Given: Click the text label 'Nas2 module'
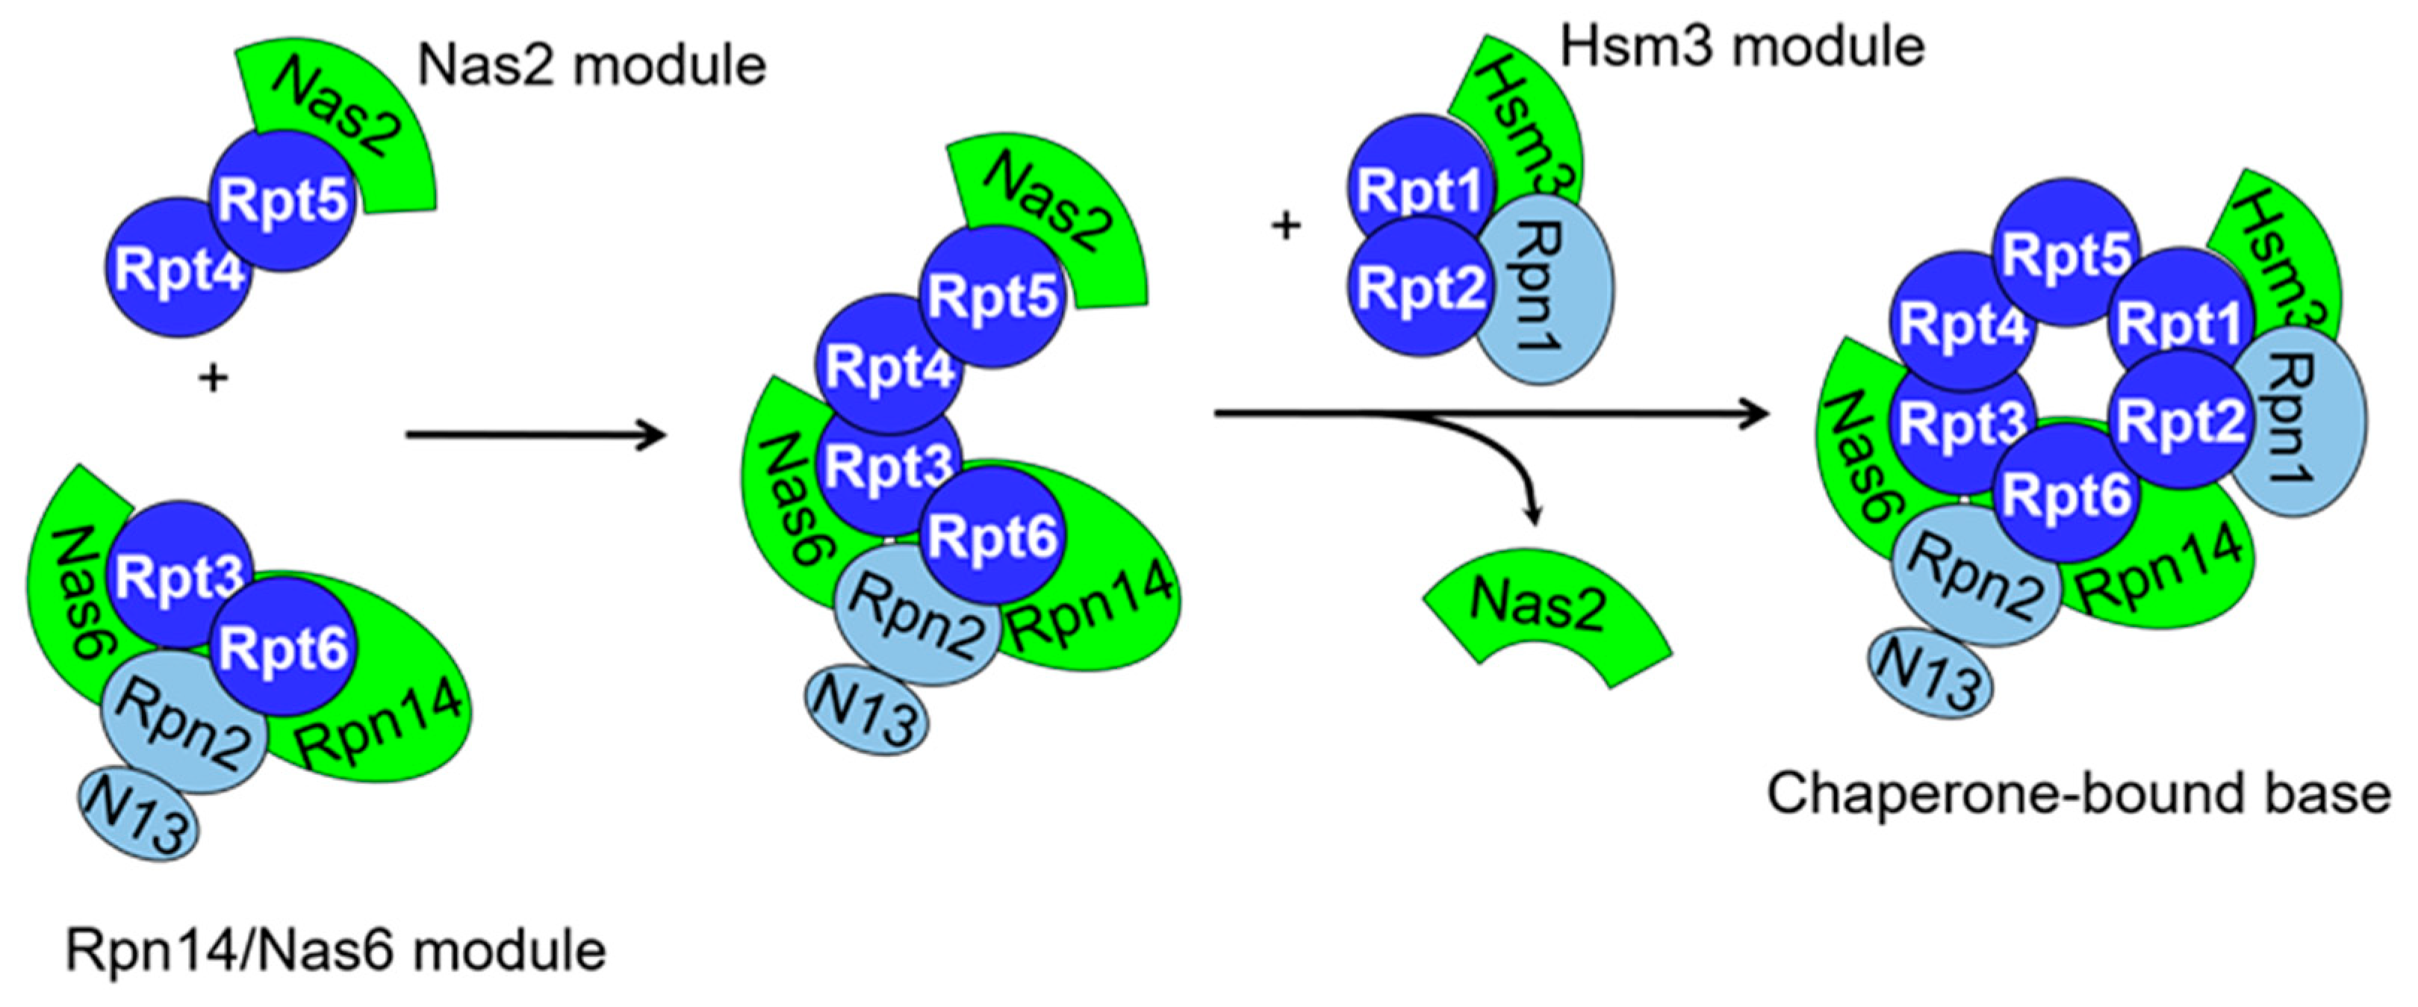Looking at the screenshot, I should point(591,66).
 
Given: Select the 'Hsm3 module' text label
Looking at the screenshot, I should point(1742,46).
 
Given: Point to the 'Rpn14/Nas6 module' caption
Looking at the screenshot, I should point(336,952).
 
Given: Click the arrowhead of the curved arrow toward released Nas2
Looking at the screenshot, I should point(1534,516).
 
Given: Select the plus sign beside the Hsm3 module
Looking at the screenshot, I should point(1286,226).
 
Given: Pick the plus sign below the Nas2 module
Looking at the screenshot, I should point(214,379).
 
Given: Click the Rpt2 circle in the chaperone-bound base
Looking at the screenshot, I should point(2180,423).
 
